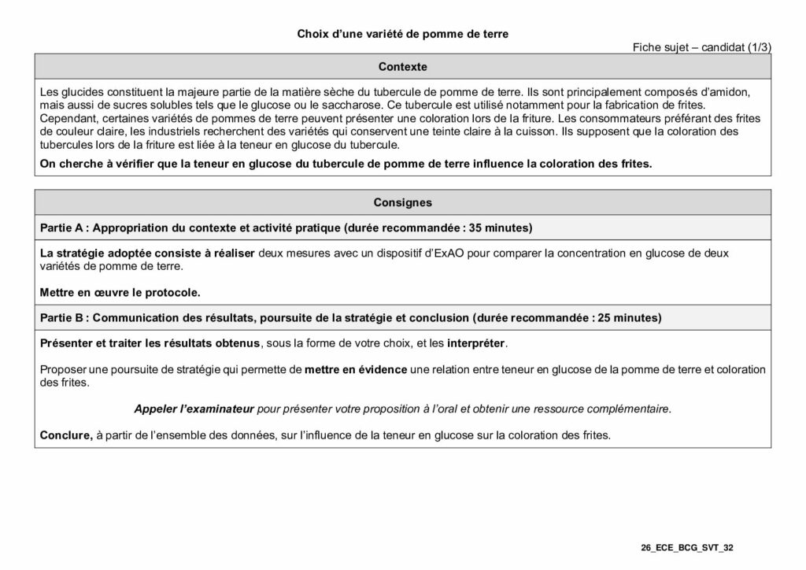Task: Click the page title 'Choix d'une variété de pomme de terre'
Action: point(402,34)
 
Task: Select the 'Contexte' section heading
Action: point(402,67)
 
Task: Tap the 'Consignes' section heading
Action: point(402,202)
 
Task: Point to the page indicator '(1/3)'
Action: point(756,47)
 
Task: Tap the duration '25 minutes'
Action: point(628,318)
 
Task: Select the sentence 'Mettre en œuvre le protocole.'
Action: point(120,292)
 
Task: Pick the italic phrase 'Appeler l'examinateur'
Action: point(194,409)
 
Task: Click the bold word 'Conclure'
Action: point(65,435)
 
